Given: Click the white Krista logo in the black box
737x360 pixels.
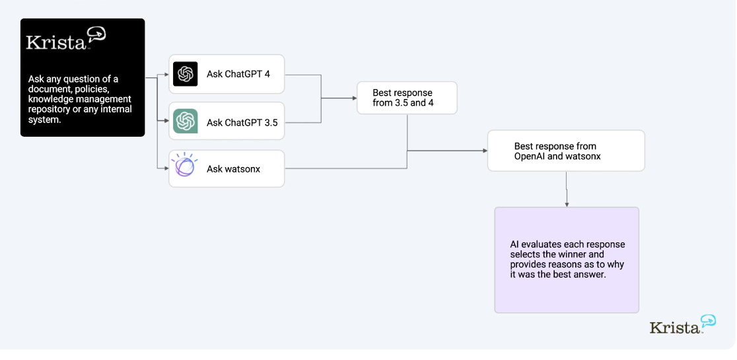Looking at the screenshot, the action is (x=66, y=38).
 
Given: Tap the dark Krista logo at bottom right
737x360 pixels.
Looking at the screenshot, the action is (x=683, y=324).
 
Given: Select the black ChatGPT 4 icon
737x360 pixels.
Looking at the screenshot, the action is (x=185, y=74).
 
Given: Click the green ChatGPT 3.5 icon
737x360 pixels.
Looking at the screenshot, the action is (x=185, y=122).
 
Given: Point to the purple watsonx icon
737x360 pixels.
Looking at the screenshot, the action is (x=184, y=165).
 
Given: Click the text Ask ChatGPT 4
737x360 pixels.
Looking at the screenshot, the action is (x=238, y=74).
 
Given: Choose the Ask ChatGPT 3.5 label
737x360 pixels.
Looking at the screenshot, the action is (x=242, y=123).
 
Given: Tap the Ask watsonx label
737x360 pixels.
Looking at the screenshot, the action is (x=233, y=168).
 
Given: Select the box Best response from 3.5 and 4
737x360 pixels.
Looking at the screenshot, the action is (x=407, y=98).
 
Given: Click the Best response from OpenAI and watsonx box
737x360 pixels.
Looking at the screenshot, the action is (x=566, y=151).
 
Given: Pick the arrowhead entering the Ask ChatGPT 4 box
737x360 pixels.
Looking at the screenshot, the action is (x=166, y=74).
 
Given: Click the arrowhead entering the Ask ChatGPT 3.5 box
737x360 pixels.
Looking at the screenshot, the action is (x=166, y=121).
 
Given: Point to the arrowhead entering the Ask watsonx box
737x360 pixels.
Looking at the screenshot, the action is (x=166, y=168).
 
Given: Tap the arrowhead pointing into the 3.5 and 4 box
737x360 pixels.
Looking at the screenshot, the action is (x=354, y=98).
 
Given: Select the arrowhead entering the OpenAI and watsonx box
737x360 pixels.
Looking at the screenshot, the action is (x=485, y=151).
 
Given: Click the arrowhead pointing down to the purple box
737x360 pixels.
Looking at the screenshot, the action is (x=567, y=204).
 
